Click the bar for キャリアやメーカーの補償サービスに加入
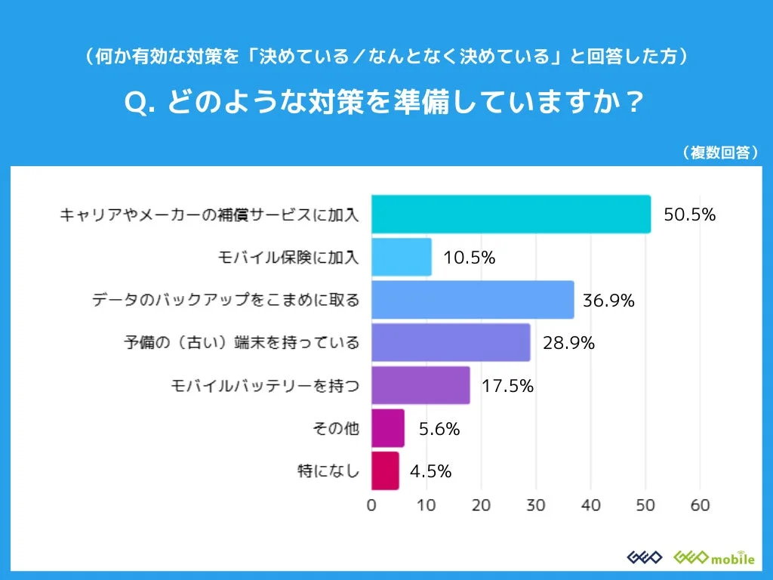(x=511, y=214)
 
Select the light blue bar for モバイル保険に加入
(x=402, y=257)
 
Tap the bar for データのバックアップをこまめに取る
(x=473, y=300)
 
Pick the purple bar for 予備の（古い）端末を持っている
(x=451, y=343)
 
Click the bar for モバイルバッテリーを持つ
(x=420, y=385)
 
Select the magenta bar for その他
(x=388, y=428)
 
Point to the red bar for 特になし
(x=385, y=471)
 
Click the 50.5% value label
(x=689, y=214)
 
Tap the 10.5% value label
(x=470, y=258)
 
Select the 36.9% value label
(x=608, y=301)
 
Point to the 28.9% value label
(x=569, y=343)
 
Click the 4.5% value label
(x=430, y=471)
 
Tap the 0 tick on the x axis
(x=371, y=505)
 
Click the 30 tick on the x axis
(x=536, y=505)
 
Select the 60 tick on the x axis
(x=700, y=505)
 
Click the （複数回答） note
(x=719, y=152)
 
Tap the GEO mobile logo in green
(x=713, y=557)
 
